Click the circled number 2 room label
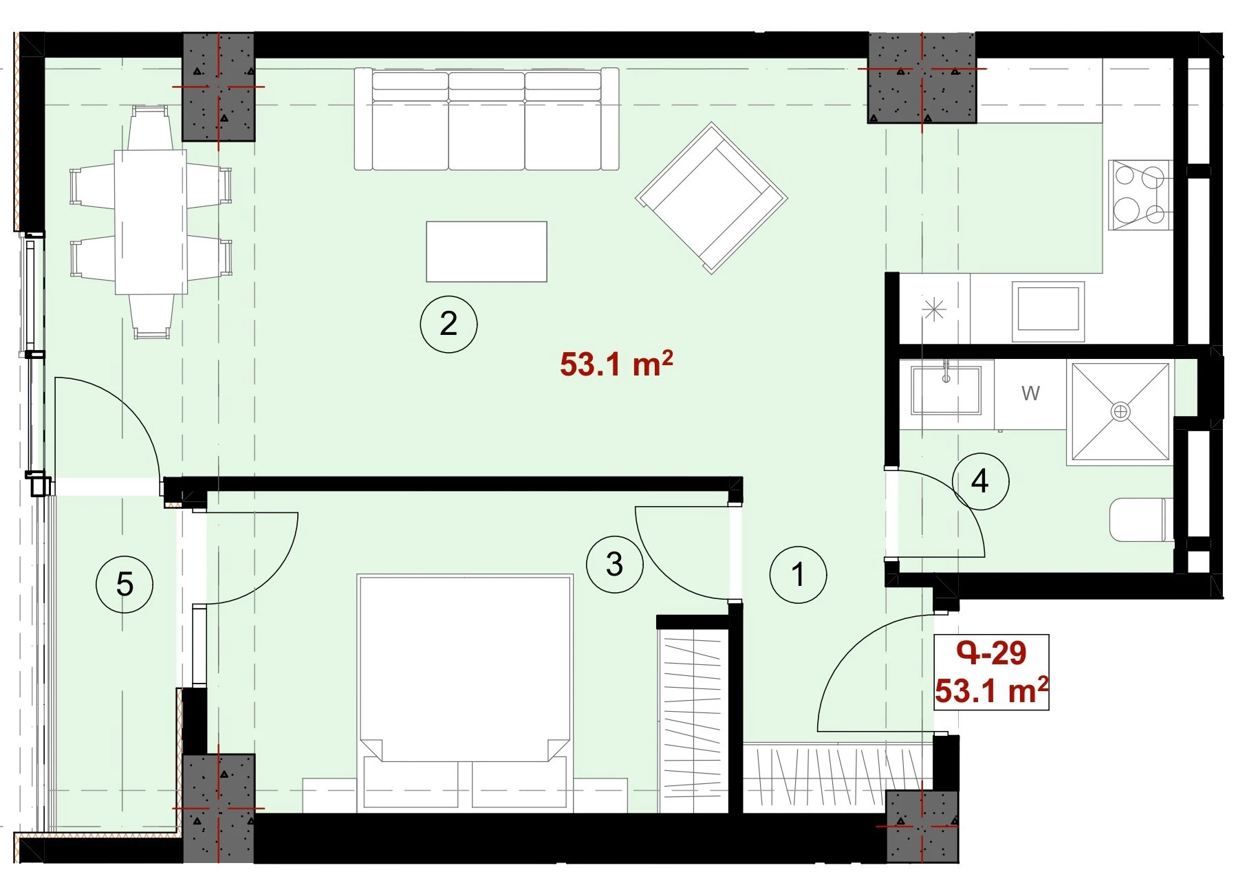point(448,324)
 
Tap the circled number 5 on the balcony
point(124,585)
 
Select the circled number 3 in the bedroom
point(614,565)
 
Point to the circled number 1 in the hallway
point(798,575)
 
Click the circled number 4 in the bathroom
point(980,481)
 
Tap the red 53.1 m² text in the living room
point(616,364)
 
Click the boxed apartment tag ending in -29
point(991,672)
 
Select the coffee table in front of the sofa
point(486,252)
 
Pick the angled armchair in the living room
point(711,198)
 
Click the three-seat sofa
point(486,118)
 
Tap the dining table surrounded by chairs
point(151,221)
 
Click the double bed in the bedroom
point(465,690)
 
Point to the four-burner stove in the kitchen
point(1140,195)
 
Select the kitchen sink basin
point(1048,312)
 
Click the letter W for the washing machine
point(1030,393)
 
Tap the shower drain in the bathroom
point(1120,412)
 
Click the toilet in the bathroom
point(1142,519)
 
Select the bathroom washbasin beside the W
point(946,390)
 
